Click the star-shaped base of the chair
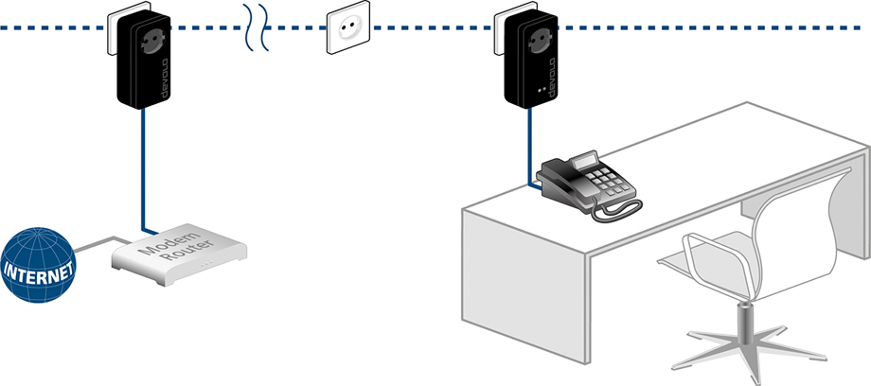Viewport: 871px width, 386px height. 748,339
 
